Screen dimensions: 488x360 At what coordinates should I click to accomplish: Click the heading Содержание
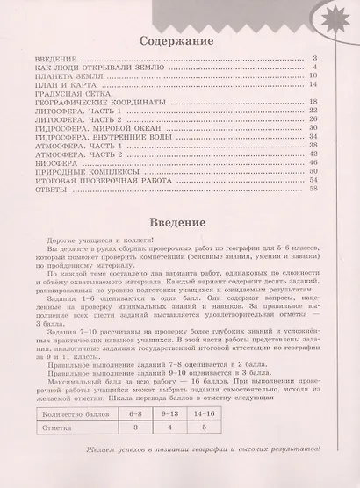179,40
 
